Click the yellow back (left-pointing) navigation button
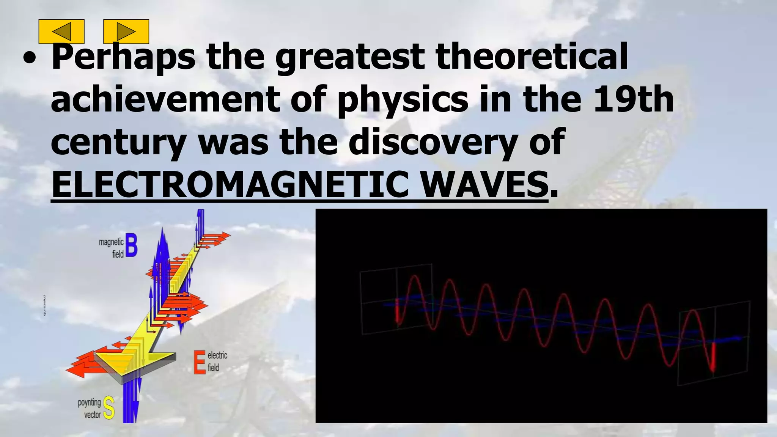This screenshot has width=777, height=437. coord(61,31)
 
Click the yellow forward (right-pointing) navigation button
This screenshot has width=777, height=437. coord(126,31)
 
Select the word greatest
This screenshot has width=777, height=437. coord(349,57)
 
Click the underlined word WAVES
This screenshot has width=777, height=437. coord(484,184)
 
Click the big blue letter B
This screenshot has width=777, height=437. coord(131,246)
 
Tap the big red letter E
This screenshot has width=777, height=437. coord(199,362)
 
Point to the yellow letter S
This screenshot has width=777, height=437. coord(109,408)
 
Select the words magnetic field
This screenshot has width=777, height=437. coord(112,248)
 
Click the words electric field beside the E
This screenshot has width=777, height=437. coord(217,361)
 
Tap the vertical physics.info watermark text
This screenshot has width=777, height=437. coord(45,306)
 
